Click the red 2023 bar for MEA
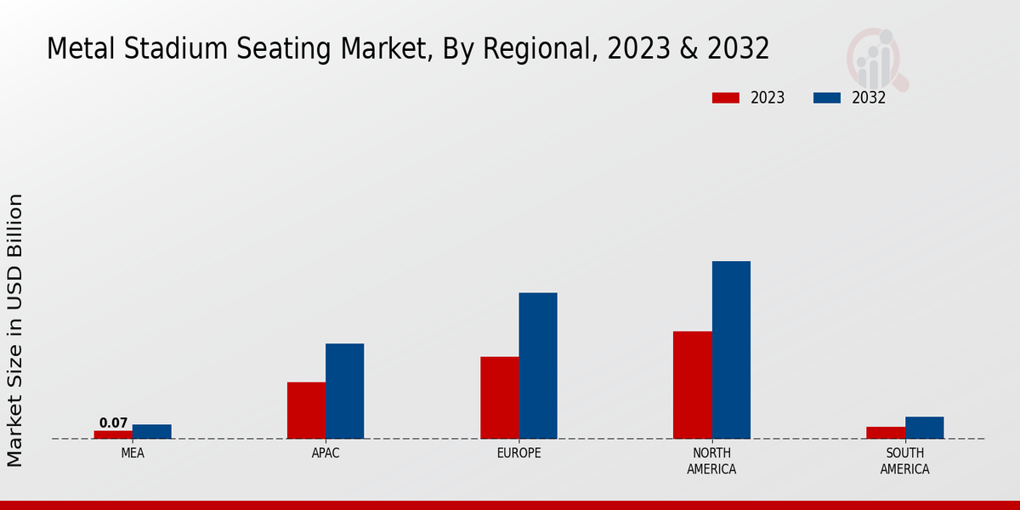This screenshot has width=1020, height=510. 113,434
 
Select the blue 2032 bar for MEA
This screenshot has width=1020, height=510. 151,432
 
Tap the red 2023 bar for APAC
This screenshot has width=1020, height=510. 306,411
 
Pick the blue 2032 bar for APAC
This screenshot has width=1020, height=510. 344,391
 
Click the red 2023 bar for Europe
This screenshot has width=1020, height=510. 499,398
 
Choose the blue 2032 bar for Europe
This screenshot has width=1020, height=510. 538,365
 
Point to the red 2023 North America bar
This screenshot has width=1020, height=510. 692,385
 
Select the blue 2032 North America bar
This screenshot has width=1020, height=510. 731,349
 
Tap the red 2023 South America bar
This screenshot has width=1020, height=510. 886,433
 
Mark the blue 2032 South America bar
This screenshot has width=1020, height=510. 924,428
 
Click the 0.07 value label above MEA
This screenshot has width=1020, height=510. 113,422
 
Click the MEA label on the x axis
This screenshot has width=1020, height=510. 133,453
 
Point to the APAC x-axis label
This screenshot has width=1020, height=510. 326,453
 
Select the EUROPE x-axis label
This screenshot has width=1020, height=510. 518,453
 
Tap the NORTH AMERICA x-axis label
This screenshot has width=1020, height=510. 711,461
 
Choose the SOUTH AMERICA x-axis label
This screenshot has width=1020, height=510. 904,461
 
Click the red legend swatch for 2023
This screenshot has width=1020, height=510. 725,98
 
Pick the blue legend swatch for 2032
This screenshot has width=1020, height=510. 826,98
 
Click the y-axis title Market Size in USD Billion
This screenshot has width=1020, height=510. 15,330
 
